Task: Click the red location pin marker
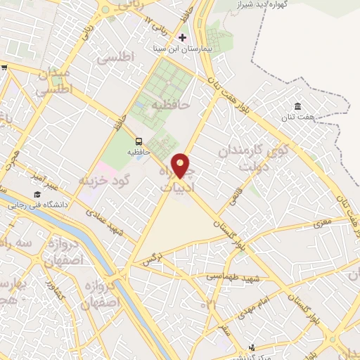(181, 165)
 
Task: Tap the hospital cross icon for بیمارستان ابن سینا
(183, 37)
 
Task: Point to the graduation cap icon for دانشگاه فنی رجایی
(36, 195)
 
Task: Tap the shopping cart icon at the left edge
(4, 67)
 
